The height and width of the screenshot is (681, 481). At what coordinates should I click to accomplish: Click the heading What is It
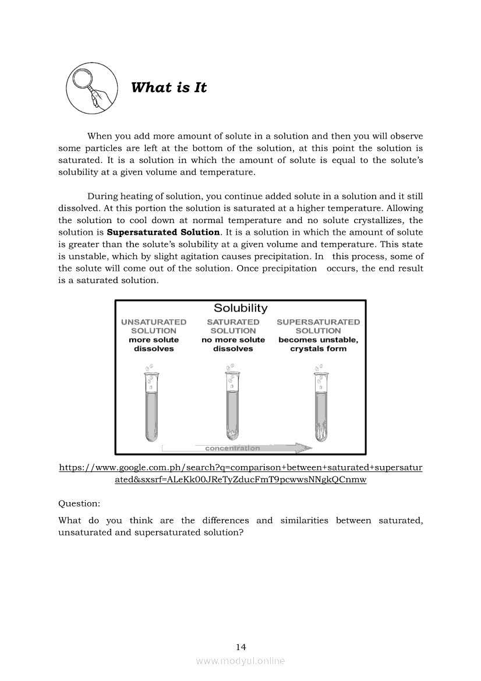click(169, 88)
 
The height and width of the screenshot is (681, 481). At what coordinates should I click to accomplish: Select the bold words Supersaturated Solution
click(164, 232)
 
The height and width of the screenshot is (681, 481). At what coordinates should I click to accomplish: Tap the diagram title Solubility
click(240, 308)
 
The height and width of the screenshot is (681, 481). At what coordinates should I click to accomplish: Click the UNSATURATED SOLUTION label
click(154, 326)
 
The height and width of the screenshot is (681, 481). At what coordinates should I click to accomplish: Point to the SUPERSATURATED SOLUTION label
click(318, 326)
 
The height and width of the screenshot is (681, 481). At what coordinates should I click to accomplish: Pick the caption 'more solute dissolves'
click(154, 344)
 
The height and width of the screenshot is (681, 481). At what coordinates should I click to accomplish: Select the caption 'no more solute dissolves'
click(233, 344)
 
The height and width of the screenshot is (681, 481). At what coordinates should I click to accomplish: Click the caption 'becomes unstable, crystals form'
click(318, 344)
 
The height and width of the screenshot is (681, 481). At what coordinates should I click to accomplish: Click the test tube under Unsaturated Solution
click(151, 408)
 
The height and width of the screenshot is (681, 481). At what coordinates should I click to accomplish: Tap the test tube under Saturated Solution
click(232, 408)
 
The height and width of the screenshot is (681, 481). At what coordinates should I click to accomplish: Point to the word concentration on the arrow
click(232, 449)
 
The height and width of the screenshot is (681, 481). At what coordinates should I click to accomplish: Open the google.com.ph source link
click(241, 474)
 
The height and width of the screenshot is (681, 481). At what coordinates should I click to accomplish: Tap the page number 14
click(241, 647)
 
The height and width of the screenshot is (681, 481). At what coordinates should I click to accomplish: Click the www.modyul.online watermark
click(240, 661)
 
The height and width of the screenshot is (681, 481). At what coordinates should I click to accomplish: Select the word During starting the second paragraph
click(104, 196)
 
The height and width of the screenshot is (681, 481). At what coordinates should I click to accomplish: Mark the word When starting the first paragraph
click(100, 136)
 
